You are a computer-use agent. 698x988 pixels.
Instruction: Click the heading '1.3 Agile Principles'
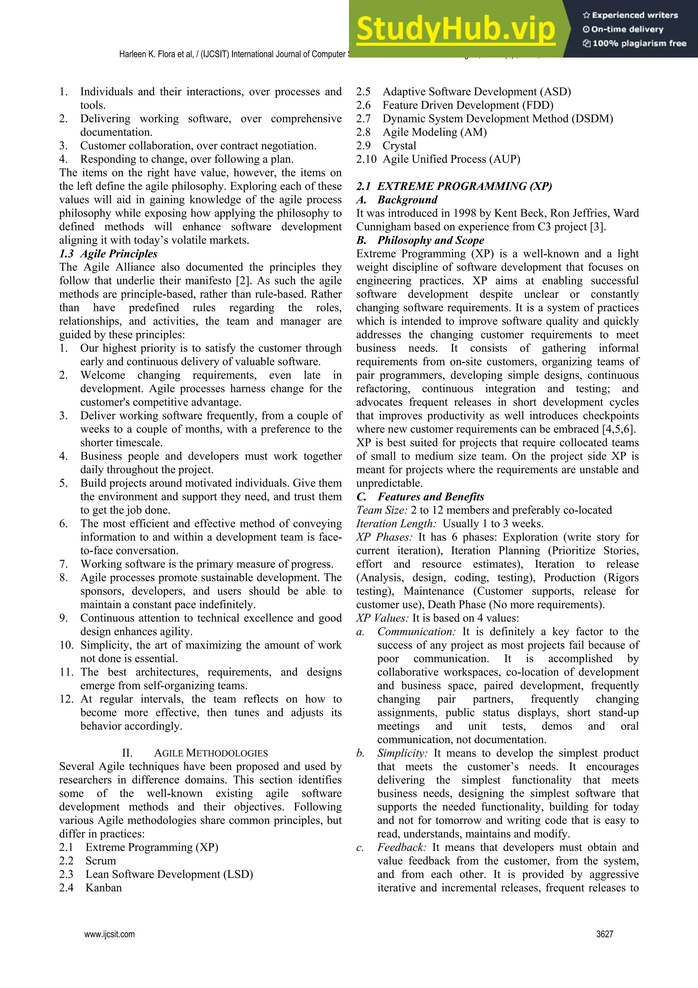(x=108, y=254)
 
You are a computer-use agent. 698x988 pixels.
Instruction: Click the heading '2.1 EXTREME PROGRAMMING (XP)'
(x=454, y=186)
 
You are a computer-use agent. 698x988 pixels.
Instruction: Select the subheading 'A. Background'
(x=396, y=200)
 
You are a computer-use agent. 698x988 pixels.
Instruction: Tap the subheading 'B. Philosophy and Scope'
(x=420, y=240)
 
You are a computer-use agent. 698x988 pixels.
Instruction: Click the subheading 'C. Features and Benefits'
(x=420, y=497)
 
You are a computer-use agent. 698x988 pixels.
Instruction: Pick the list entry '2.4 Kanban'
(x=90, y=887)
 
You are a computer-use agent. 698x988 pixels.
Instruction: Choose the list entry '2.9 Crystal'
(x=386, y=145)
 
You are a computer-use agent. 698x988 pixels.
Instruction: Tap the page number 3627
(x=605, y=934)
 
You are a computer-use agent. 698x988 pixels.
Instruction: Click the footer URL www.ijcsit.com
(x=109, y=934)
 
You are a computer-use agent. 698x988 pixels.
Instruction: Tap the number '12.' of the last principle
(x=67, y=699)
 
